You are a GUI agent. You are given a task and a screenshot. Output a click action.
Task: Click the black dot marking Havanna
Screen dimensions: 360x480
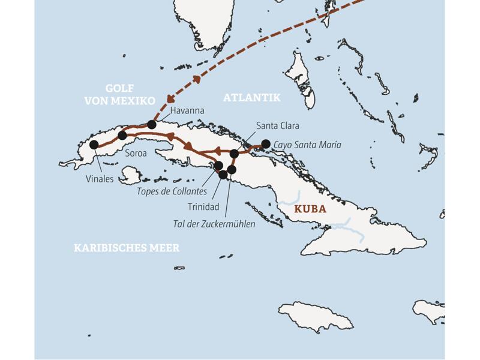tap(151, 125)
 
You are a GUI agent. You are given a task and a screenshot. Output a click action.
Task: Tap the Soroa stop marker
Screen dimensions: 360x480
tap(122, 136)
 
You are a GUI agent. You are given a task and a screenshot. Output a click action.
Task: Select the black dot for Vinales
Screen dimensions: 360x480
tap(94, 145)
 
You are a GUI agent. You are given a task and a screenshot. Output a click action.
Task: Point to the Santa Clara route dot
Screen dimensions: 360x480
tap(235, 154)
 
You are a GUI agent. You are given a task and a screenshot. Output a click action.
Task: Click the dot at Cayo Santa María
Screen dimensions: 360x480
tap(266, 143)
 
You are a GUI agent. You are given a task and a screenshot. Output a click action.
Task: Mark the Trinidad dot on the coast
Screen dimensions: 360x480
tap(224, 175)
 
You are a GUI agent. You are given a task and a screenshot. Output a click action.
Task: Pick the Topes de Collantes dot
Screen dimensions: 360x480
tap(218, 166)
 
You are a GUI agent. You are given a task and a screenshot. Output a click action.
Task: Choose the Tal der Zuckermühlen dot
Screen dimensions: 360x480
tap(232, 170)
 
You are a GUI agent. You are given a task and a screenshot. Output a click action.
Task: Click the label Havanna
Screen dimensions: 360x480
tap(187, 111)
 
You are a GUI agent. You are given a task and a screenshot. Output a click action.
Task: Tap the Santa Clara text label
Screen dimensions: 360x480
tap(277, 126)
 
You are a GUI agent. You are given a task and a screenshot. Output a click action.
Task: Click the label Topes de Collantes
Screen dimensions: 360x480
tap(172, 191)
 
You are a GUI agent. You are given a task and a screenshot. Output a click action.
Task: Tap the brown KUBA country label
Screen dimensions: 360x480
tap(310, 209)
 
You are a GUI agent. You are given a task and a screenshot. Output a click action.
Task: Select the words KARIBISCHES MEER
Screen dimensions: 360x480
tap(127, 248)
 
